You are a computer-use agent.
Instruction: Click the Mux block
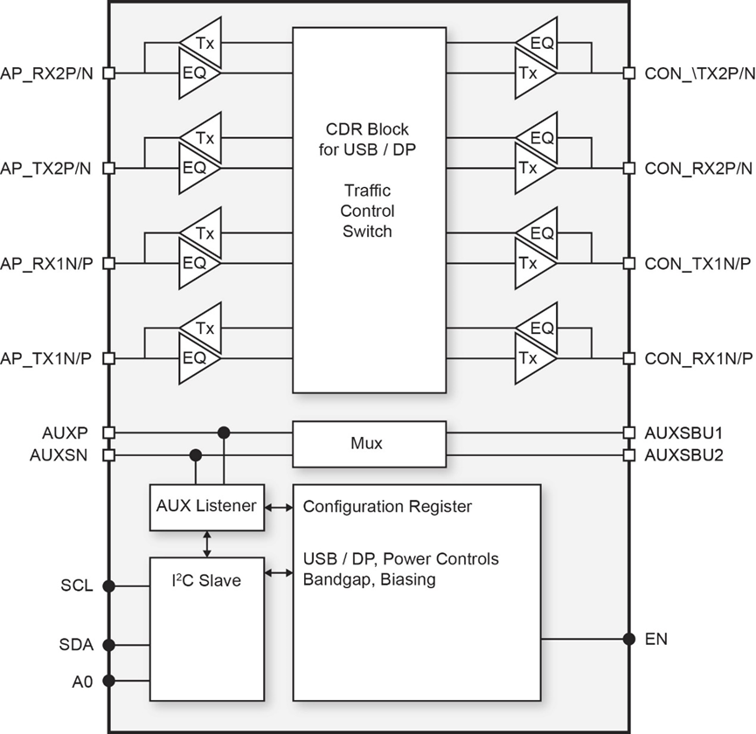click(369, 444)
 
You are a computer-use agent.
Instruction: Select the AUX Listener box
click(206, 507)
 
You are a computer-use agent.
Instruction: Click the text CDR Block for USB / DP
click(368, 138)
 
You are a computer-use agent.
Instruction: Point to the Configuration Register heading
click(387, 507)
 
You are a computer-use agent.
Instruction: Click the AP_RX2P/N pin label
click(49, 74)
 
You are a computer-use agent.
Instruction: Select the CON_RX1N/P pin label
click(697, 358)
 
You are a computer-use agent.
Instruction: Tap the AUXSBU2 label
click(683, 455)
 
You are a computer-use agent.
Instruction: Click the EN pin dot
click(628, 639)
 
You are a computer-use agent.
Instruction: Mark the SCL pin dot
click(108, 586)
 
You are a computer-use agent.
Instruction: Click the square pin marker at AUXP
click(108, 432)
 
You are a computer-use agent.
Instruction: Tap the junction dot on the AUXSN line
click(196, 455)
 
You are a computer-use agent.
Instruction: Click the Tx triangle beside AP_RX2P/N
click(199, 42)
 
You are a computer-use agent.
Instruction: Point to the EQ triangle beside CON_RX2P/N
click(538, 138)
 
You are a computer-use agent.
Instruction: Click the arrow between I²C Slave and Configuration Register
click(279, 573)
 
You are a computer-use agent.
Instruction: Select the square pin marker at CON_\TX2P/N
click(628, 74)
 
